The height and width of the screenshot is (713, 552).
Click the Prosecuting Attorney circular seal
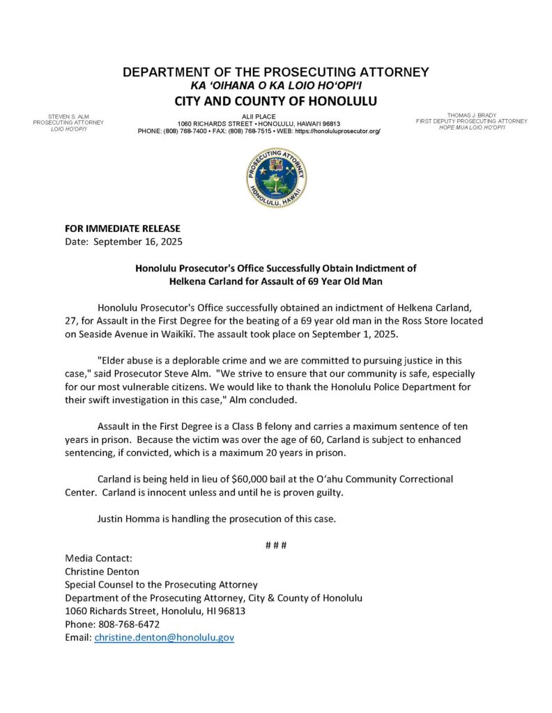[276, 177]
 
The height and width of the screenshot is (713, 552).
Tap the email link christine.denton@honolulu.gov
[164, 637]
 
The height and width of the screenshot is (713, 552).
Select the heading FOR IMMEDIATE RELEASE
[122, 228]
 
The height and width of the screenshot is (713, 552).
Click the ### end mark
[276, 544]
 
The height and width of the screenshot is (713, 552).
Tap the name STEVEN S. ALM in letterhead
[68, 116]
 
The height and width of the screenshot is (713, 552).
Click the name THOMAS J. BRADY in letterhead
[471, 115]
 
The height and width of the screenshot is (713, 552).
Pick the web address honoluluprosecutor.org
[338, 131]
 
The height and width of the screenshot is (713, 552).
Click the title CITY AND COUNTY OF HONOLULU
[276, 101]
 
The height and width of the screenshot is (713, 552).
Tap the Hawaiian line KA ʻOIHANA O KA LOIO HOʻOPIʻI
[276, 85]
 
